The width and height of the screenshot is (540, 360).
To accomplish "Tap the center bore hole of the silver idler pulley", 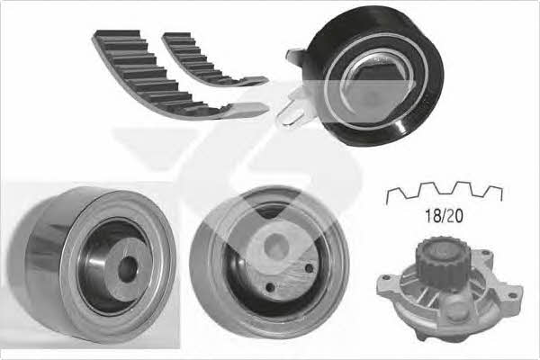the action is click(x=128, y=270).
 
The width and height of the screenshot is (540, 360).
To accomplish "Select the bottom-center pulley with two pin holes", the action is click(x=269, y=262).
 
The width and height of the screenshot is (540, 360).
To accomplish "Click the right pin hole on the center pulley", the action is click(x=310, y=268).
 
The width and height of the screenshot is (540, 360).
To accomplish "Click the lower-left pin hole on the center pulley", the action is click(x=271, y=286).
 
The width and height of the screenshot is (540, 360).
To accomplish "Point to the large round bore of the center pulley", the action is click(x=276, y=245).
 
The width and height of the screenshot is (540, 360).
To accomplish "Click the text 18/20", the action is click(x=444, y=216).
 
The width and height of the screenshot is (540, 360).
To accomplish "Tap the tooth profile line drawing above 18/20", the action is click(x=445, y=192).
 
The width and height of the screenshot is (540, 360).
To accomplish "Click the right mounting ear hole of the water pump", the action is click(x=514, y=295).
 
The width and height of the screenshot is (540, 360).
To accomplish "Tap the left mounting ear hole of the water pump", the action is click(x=387, y=277).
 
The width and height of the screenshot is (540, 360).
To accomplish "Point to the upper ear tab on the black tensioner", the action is click(x=295, y=56).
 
